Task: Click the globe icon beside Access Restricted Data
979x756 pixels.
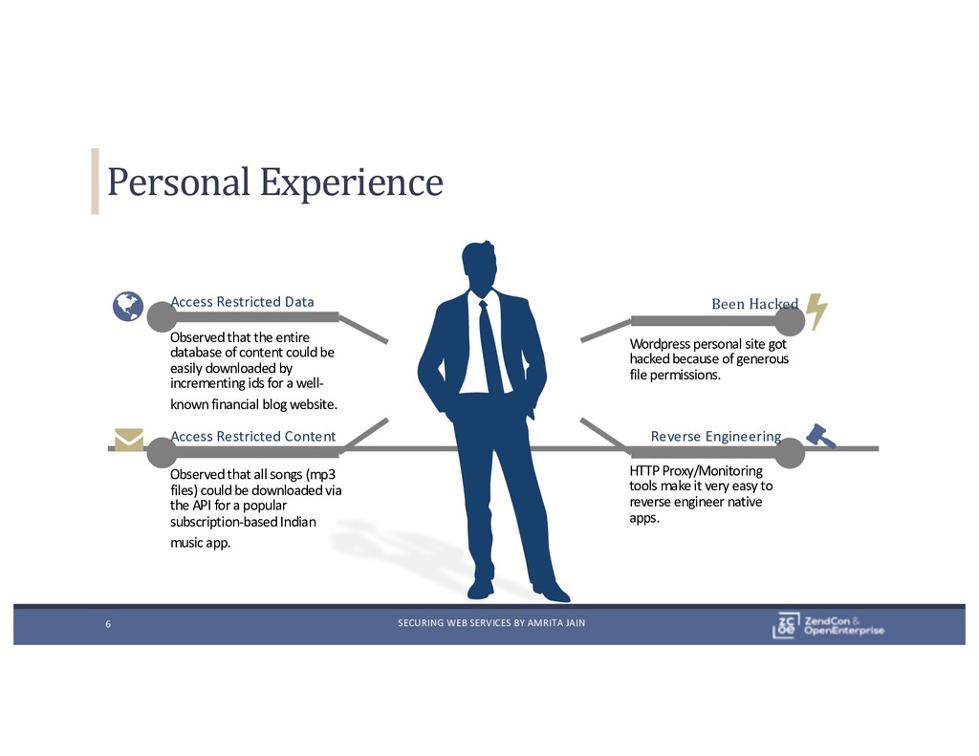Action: (x=127, y=307)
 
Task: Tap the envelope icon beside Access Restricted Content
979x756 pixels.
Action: (x=128, y=440)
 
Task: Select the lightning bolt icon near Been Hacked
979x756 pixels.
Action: (x=817, y=311)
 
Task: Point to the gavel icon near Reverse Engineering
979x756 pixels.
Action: (x=820, y=436)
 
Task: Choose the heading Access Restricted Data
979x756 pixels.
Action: (x=242, y=302)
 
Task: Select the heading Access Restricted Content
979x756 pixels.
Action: (x=252, y=436)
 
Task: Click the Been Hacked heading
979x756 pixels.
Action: (x=754, y=304)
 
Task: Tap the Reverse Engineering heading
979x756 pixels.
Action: (x=715, y=436)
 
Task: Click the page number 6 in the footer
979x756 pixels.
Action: (x=108, y=625)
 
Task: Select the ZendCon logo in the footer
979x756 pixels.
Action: (x=828, y=624)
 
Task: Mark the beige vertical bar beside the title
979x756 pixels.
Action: (x=95, y=181)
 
